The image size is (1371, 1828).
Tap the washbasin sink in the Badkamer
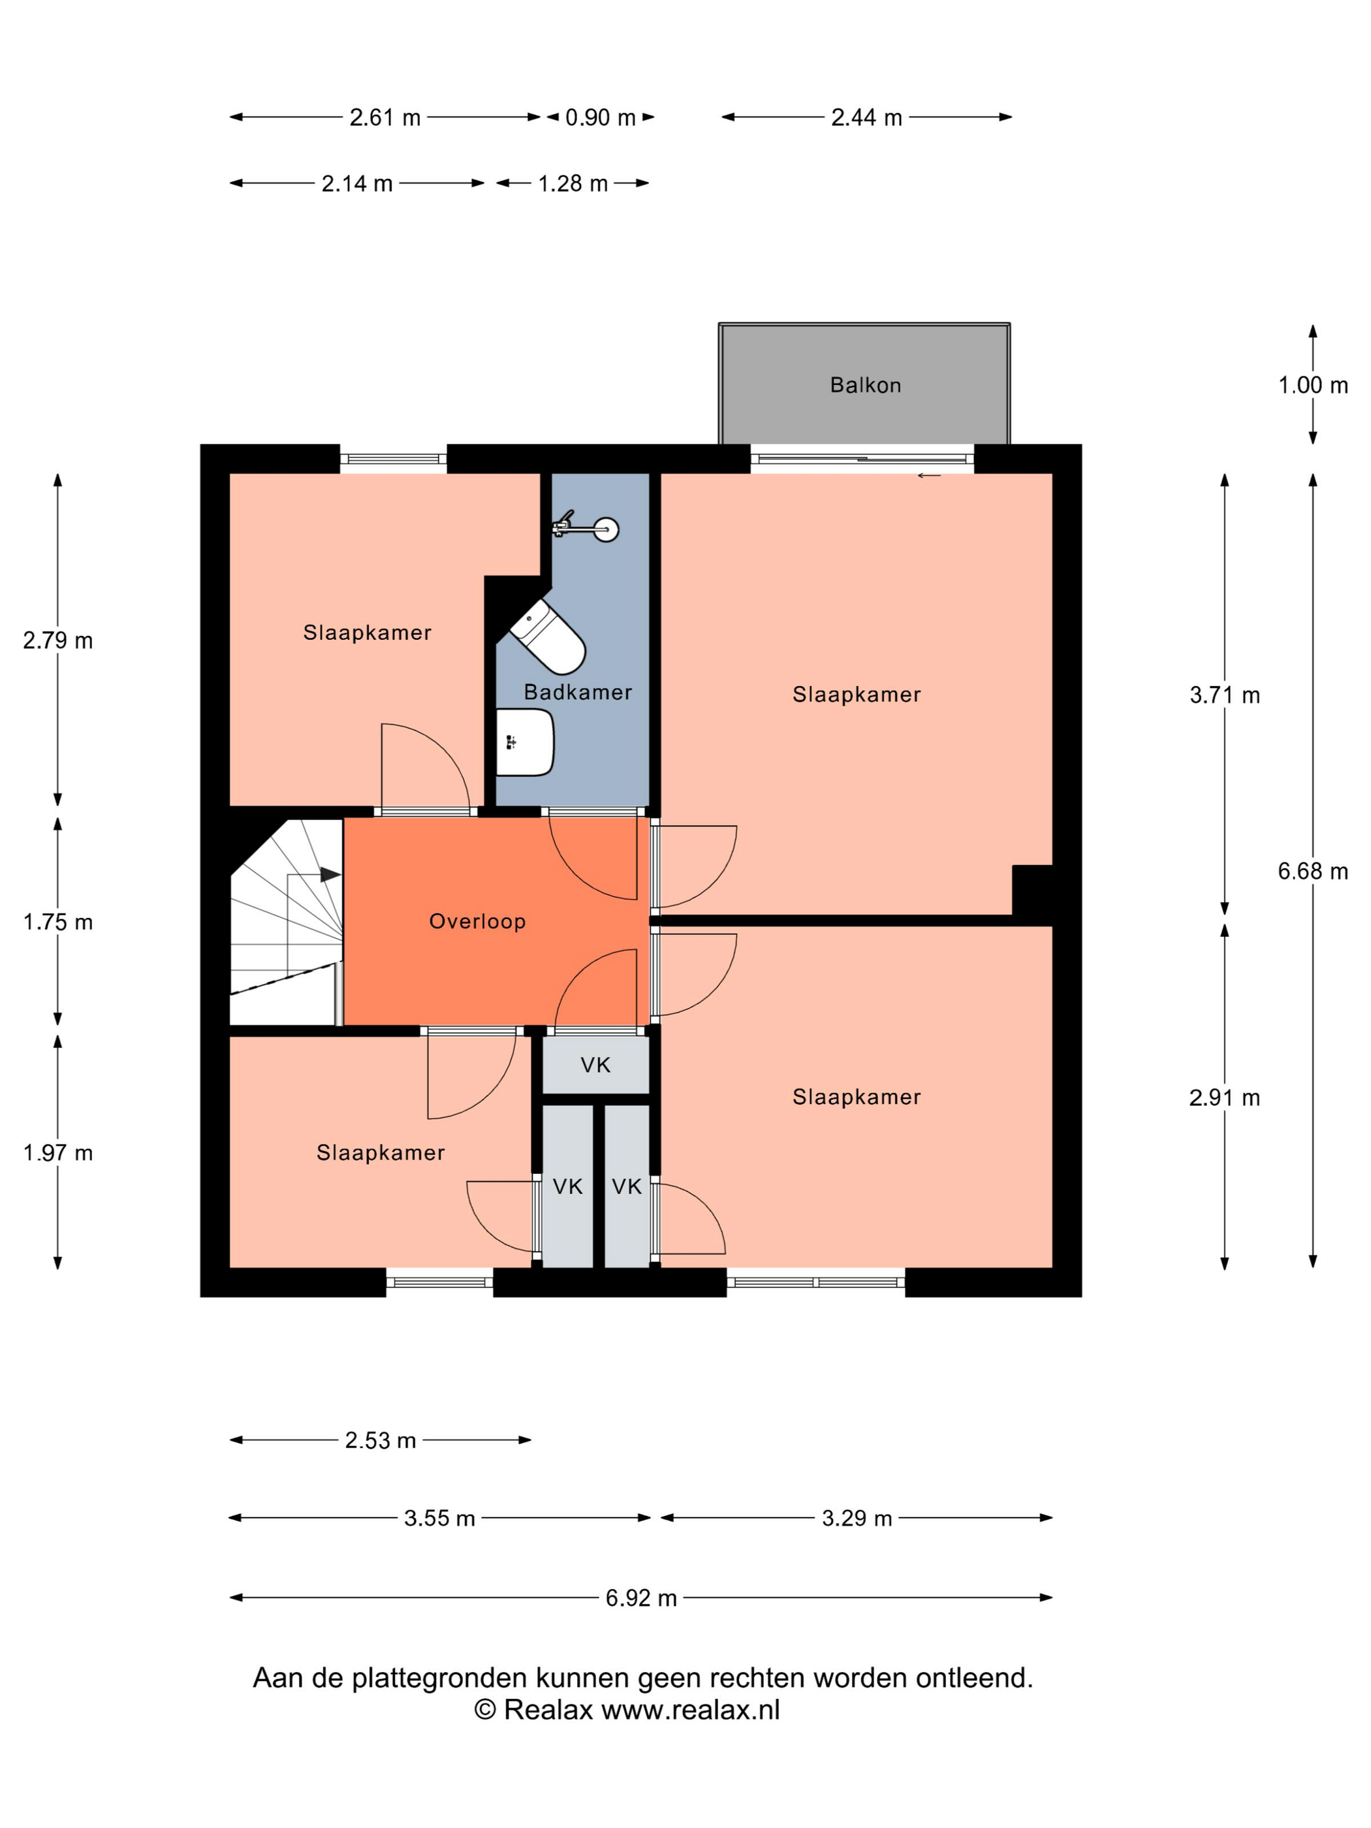coord(524,741)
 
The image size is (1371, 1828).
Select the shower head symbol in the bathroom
coord(585,528)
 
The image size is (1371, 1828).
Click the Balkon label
coord(865,385)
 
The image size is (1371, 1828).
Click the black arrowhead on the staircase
coord(330,874)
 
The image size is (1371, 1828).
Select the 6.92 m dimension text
coord(641,1598)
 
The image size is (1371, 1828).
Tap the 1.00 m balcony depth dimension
coord(1313,385)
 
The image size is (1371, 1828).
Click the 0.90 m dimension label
coord(601,118)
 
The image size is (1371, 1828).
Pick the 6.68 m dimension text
coord(1313,871)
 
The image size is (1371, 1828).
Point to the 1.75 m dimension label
coord(58,922)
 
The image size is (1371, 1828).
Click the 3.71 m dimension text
coord(1225,695)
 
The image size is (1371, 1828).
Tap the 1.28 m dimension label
coord(573,183)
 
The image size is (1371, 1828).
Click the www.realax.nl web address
coord(690,1710)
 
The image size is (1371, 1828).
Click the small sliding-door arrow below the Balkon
coord(929,475)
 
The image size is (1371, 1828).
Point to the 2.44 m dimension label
coord(866,118)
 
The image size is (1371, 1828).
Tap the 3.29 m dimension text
coord(857,1518)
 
